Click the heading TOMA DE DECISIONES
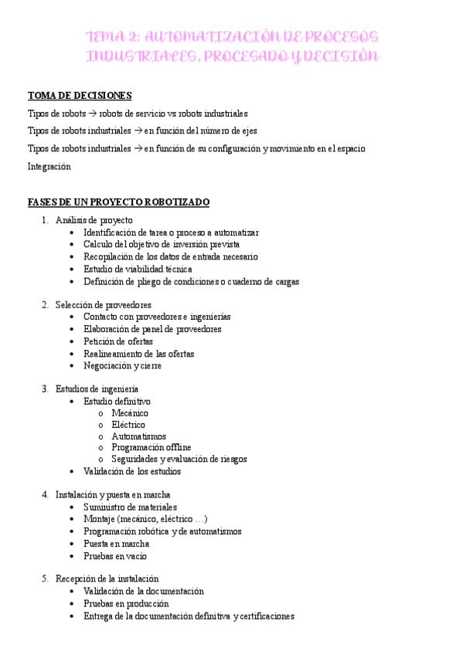pyautogui.click(x=80, y=96)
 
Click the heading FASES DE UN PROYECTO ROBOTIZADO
pyautogui.click(x=118, y=202)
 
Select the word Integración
pyautogui.click(x=49, y=166)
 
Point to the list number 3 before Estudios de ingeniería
pyautogui.click(x=46, y=389)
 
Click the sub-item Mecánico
pyautogui.click(x=130, y=413)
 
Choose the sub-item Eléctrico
pyautogui.click(x=128, y=425)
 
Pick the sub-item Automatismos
pyautogui.click(x=138, y=436)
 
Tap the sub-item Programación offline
pyautogui.click(x=151, y=447)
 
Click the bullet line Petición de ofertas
pyautogui.click(x=118, y=341)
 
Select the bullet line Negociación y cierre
pyautogui.click(x=122, y=366)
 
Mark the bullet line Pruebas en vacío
pyautogui.click(x=115, y=556)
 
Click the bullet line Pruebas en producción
pyautogui.click(x=126, y=604)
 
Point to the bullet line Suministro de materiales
pyautogui.click(x=130, y=507)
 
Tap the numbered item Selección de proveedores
pyautogui.click(x=104, y=305)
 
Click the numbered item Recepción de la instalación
pyautogui.click(x=107, y=579)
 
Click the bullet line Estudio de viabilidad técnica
pyautogui.click(x=138, y=270)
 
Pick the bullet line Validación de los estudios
pyautogui.click(x=132, y=471)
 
